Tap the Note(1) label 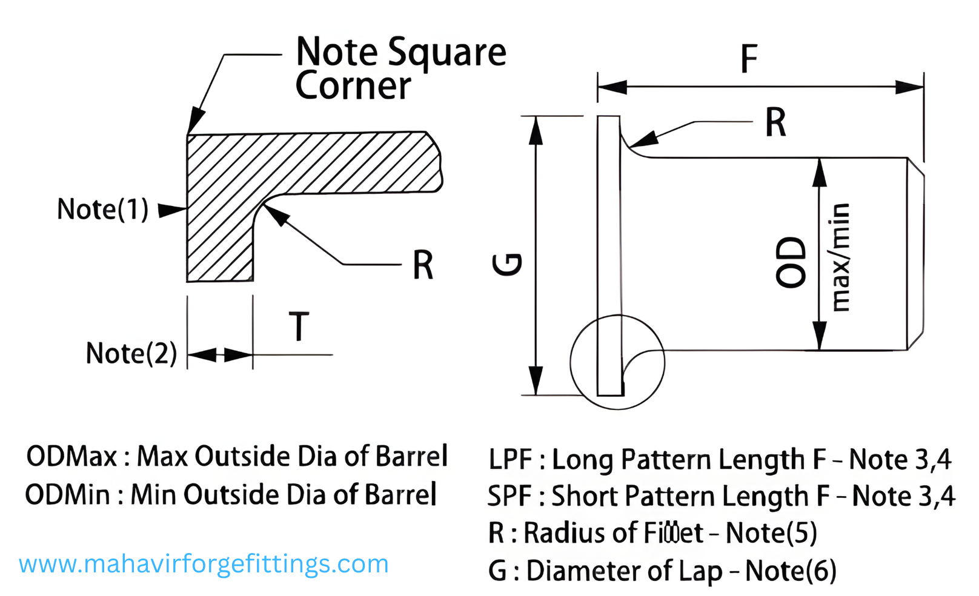point(102,210)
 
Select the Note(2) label point(131,353)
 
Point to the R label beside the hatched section point(423,265)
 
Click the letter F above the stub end point(749,59)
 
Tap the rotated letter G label point(507,264)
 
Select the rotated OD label point(792,262)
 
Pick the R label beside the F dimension point(775,122)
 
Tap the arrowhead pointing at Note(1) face point(171,210)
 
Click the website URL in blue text point(204,565)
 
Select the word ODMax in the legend point(72,457)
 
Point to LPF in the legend point(510,460)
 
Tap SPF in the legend point(509,497)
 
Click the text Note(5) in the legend point(771,534)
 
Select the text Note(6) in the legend point(791,571)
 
